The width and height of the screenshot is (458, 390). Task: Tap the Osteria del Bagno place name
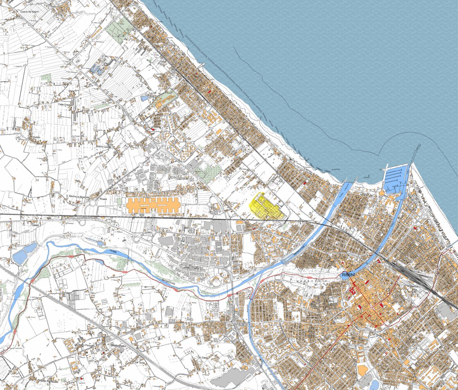(29, 12)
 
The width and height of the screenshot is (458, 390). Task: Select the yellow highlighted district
(266, 207)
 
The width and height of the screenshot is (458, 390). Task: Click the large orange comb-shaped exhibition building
(153, 205)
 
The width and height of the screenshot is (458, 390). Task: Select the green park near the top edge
(120, 31)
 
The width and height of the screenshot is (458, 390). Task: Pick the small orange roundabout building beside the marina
(381, 193)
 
